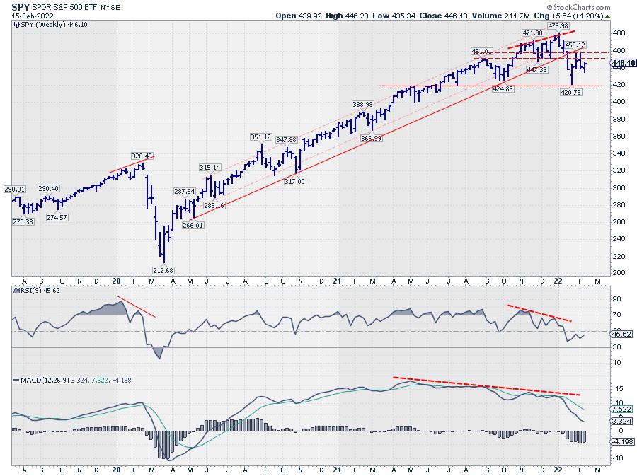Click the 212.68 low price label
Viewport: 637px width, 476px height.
pos(164,269)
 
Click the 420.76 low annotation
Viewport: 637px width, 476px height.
pos(570,93)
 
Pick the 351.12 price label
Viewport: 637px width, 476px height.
pos(260,137)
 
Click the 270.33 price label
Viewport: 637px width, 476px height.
pos(24,222)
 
